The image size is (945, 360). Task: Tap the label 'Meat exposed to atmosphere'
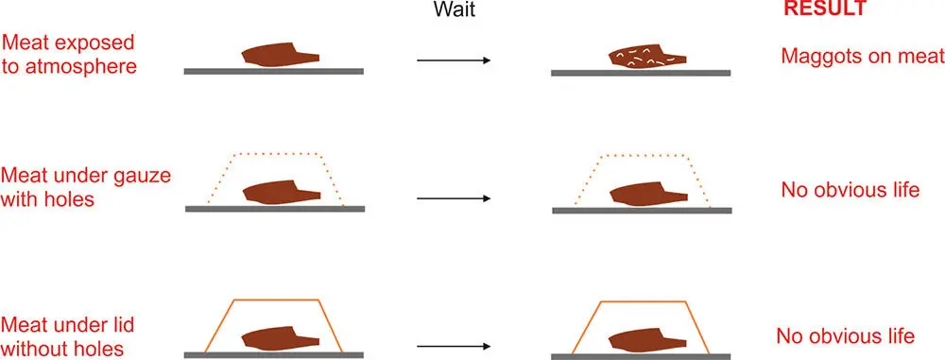pos(68,56)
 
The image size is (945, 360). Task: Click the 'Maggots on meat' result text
pos(862,56)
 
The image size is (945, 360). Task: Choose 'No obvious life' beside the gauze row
pos(850,190)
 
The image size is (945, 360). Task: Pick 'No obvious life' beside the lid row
pos(845,336)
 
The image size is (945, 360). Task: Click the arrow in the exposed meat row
pos(454,60)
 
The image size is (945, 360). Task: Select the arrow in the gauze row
pos(454,198)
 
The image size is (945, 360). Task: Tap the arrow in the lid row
pos(454,346)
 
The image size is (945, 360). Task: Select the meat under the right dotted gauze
pos(644,194)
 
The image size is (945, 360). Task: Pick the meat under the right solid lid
pos(643,338)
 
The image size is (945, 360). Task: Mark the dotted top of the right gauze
pos(644,151)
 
